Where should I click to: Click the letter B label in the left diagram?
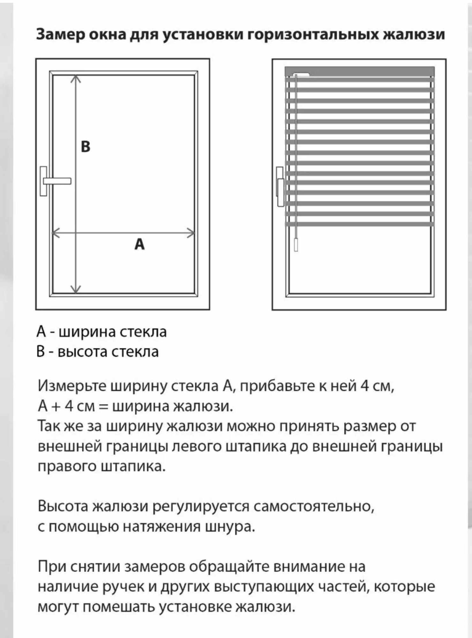tap(86, 147)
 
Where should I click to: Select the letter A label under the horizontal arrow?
tap(139, 245)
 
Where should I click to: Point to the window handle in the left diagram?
tap(56, 181)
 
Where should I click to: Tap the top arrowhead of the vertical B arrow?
tap(76, 78)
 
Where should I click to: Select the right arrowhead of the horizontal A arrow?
tap(191, 233)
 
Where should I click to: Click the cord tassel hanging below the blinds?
tap(296, 245)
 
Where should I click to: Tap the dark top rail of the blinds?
tap(359, 71)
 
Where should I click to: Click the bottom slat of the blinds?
tap(359, 224)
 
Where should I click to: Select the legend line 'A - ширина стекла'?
tap(102, 332)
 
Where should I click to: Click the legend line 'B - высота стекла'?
tap(98, 352)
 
